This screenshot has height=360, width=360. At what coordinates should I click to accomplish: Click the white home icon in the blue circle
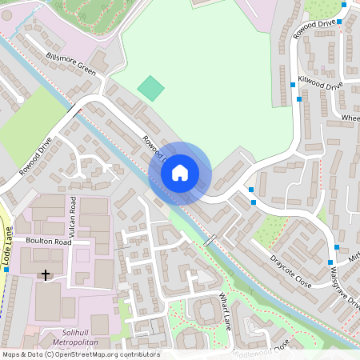(180, 172)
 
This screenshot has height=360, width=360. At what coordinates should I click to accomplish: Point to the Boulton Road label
(48, 242)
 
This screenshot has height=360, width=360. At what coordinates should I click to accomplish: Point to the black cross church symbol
(46, 275)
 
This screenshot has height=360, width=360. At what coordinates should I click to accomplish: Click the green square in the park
(150, 88)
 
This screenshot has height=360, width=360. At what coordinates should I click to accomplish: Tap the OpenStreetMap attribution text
(80, 354)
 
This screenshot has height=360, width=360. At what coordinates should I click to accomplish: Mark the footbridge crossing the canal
(210, 240)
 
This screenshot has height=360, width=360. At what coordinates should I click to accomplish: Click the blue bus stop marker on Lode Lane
(6, 270)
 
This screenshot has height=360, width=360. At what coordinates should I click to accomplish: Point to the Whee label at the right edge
(350, 118)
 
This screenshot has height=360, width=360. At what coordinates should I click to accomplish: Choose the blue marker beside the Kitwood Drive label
(291, 84)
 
